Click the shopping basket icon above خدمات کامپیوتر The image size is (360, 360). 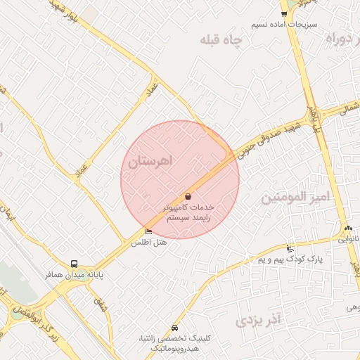coord(188,197)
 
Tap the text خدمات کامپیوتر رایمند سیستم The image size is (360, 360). coord(188,213)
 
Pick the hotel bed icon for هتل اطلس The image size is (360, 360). coord(148,231)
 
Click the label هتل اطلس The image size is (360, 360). coord(149,243)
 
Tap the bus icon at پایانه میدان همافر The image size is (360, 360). coord(75,265)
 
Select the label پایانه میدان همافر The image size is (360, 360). coord(75,276)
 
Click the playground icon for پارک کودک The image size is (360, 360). coord(290,248)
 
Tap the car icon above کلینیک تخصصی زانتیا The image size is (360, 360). coord(174,328)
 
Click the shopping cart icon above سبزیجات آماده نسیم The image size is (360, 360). coord(284,13)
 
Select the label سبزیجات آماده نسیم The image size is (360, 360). coord(284,24)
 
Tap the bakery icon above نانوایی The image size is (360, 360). coord(348,229)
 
